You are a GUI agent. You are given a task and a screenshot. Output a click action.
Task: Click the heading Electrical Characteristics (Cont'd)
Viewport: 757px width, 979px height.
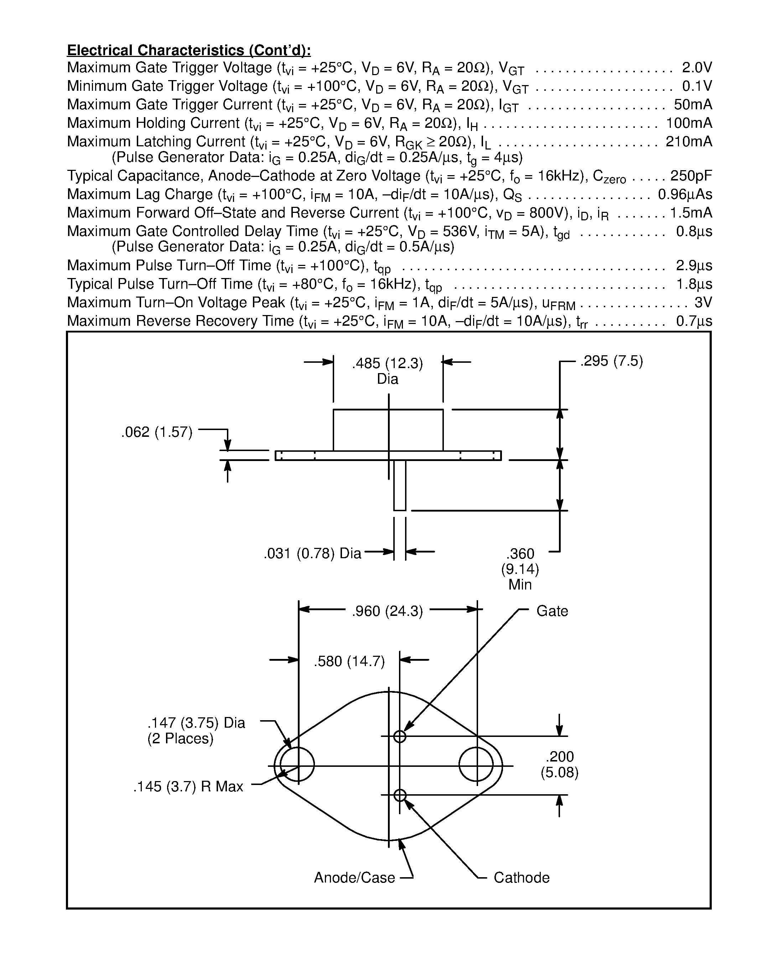[x=189, y=50]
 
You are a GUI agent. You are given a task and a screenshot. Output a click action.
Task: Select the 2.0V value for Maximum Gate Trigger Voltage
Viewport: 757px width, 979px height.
[x=696, y=68]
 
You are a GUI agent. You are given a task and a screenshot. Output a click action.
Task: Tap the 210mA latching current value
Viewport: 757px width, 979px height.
[x=688, y=142]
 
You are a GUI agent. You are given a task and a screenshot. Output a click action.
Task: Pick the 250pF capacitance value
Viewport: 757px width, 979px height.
[x=691, y=176]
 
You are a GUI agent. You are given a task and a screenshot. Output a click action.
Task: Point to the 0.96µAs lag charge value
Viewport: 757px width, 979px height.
[x=684, y=194]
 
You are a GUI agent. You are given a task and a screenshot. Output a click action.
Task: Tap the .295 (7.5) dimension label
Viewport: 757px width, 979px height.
[x=612, y=361]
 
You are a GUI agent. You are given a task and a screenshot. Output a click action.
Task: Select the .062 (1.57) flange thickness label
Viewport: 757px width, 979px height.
[x=156, y=433]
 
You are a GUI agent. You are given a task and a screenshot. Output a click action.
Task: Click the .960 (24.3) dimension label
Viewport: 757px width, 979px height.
[x=388, y=611]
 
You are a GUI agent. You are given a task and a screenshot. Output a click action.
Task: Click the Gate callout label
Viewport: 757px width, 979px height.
[x=552, y=611]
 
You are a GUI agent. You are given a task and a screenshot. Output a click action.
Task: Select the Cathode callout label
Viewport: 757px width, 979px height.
[x=521, y=878]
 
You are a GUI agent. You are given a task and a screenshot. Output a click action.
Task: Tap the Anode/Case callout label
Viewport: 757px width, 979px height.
[x=354, y=878]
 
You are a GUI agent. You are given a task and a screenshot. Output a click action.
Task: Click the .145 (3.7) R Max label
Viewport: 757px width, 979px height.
[x=188, y=787]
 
